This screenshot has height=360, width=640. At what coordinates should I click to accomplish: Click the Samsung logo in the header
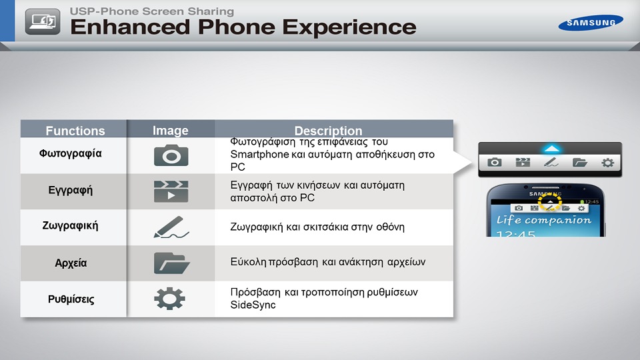click(x=591, y=23)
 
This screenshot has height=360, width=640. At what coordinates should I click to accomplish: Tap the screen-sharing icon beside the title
click(x=43, y=21)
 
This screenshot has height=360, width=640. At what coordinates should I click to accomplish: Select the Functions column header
click(x=75, y=131)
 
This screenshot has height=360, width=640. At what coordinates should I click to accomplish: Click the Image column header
click(x=171, y=130)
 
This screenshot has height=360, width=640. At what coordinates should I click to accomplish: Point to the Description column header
click(x=328, y=131)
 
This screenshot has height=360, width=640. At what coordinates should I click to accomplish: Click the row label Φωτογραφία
click(x=70, y=153)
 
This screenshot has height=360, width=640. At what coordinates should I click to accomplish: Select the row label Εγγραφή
click(x=70, y=190)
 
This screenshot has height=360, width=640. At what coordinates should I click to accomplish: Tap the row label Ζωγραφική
click(x=70, y=226)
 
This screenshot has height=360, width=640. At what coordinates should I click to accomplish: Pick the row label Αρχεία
click(x=71, y=263)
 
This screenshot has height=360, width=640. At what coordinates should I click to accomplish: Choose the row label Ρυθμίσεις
click(x=71, y=299)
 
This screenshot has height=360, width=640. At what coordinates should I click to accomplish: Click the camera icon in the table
click(x=171, y=155)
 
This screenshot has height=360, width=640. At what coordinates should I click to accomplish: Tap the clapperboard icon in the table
click(x=171, y=191)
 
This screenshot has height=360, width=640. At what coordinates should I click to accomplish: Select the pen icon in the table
click(x=171, y=227)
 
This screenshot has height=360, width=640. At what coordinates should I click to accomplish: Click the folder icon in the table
click(x=171, y=263)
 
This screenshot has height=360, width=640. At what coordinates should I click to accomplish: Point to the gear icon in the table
click(x=170, y=299)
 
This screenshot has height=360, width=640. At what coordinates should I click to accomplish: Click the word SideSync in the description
click(x=253, y=305)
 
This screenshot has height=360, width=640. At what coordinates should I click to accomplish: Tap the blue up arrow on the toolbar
click(x=551, y=149)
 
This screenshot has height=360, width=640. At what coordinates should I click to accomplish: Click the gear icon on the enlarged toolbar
click(x=608, y=163)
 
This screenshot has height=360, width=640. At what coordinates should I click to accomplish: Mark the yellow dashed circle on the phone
click(x=550, y=201)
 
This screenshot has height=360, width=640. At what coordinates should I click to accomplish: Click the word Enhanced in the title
click(x=130, y=27)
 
